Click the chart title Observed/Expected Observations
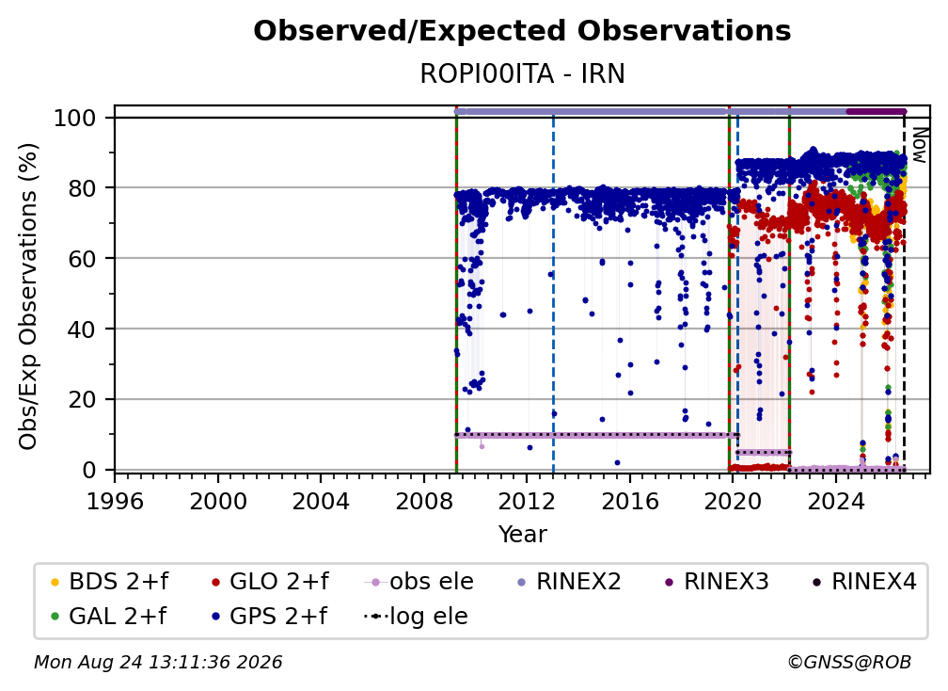522,31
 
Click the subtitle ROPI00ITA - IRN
522,73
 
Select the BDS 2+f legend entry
109,582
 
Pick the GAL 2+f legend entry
108,616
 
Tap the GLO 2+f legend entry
270,582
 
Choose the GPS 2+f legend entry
269,616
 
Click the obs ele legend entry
419,582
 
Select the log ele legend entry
416,616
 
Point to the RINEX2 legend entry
569,582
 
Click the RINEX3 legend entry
717,582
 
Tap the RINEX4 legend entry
864,582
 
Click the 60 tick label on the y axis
82,259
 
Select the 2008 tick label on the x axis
424,502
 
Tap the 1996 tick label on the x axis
115,502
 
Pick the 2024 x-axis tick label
835,502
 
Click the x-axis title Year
522,535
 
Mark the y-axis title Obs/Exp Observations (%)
28,296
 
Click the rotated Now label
919,145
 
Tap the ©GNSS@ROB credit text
849,663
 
